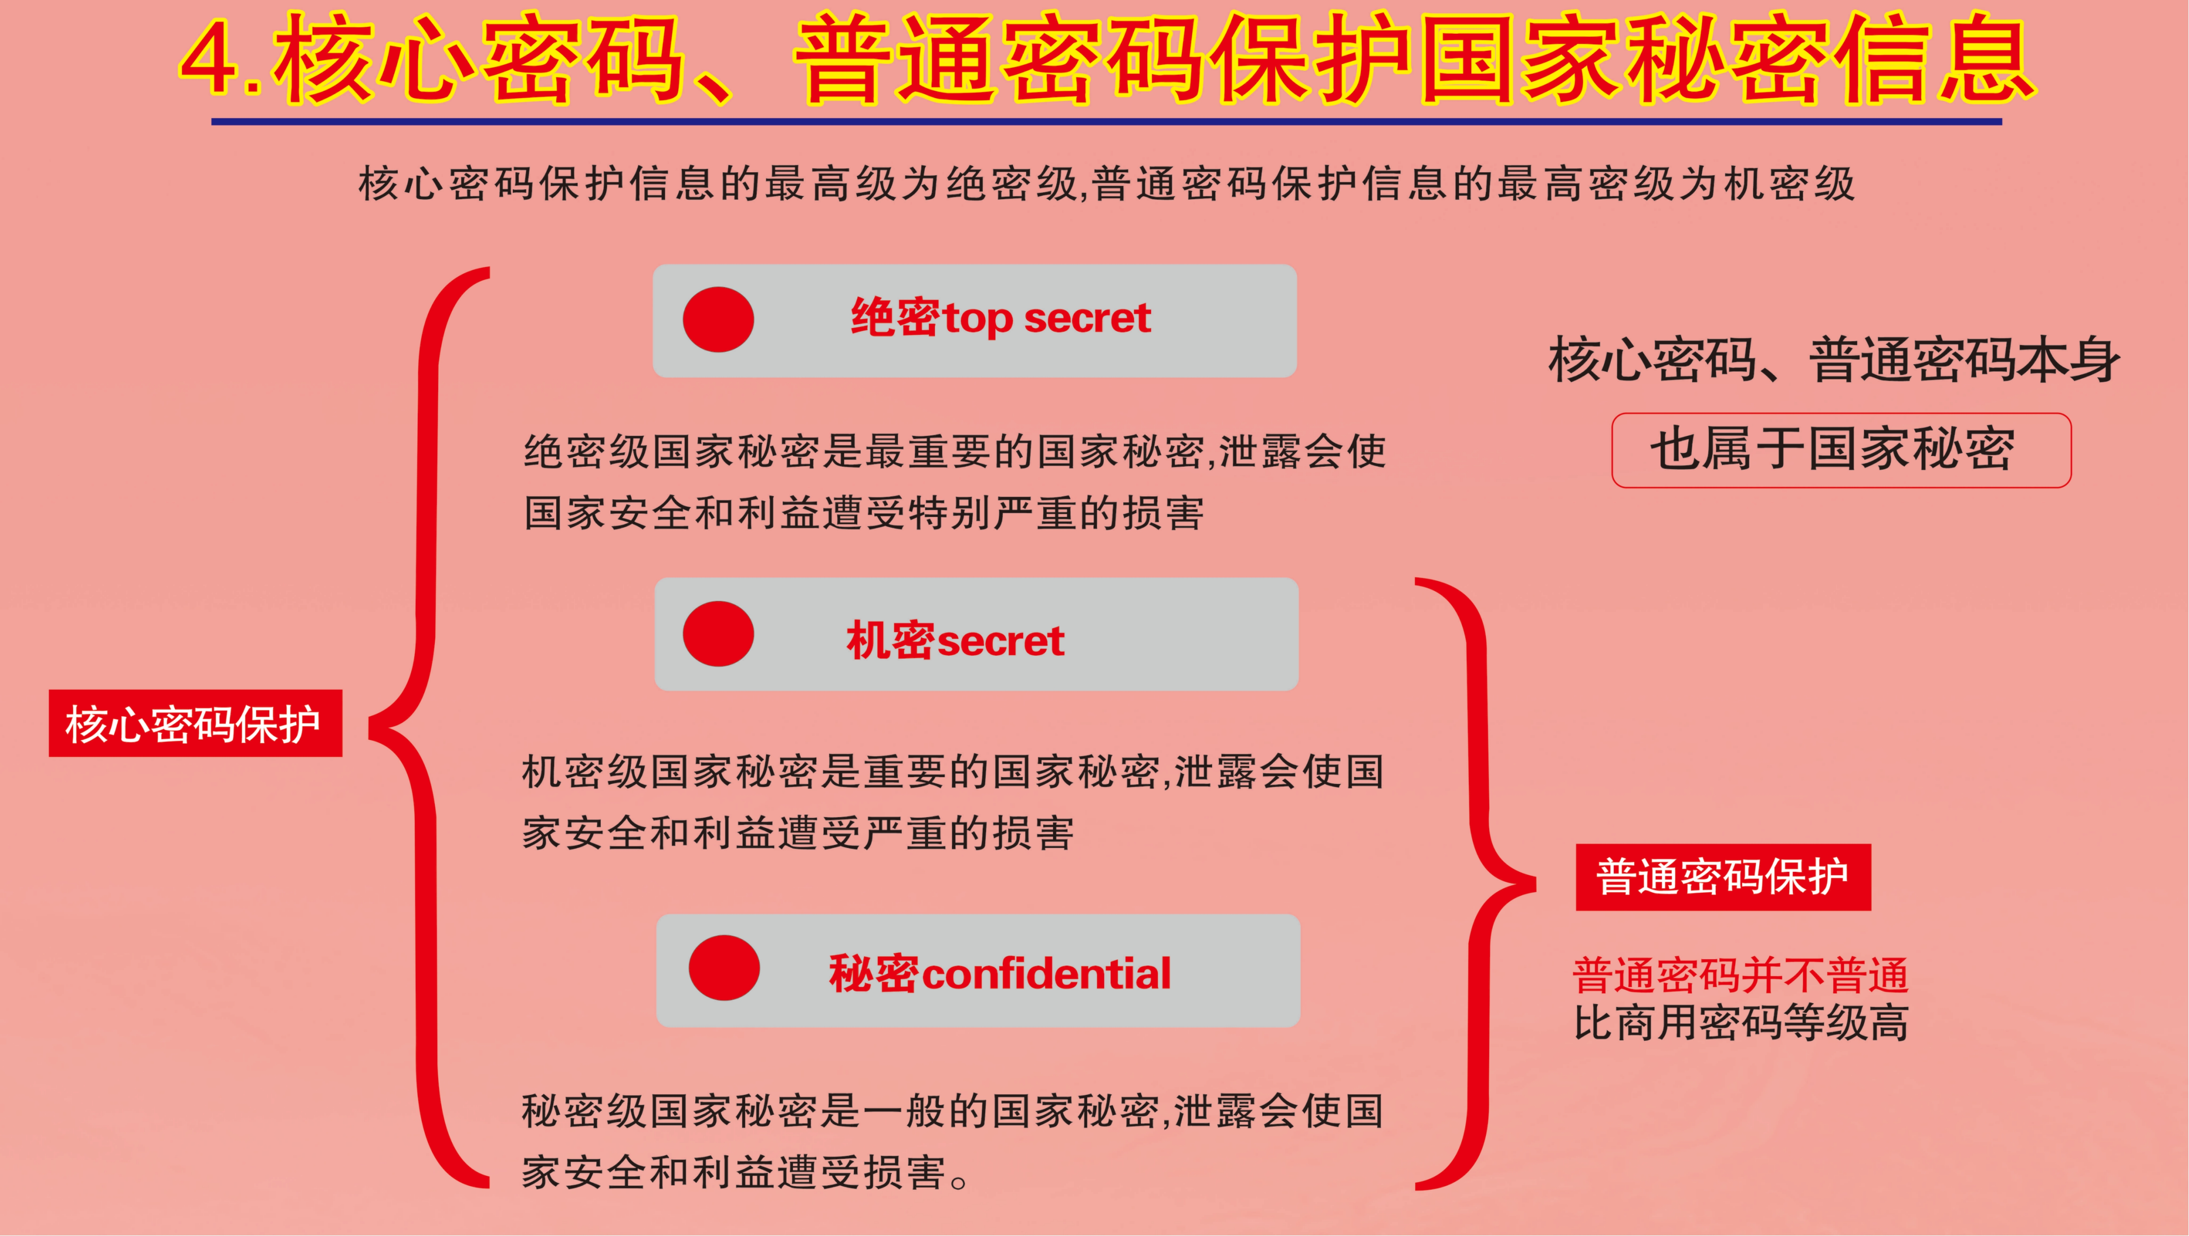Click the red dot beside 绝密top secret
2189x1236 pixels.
click(x=718, y=320)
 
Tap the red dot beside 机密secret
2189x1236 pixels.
click(x=718, y=634)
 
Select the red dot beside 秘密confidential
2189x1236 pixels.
click(x=724, y=968)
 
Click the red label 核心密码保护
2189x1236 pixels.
click(x=195, y=723)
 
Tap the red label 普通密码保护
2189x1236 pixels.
click(x=1722, y=877)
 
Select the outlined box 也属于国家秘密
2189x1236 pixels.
click(x=1840, y=450)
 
